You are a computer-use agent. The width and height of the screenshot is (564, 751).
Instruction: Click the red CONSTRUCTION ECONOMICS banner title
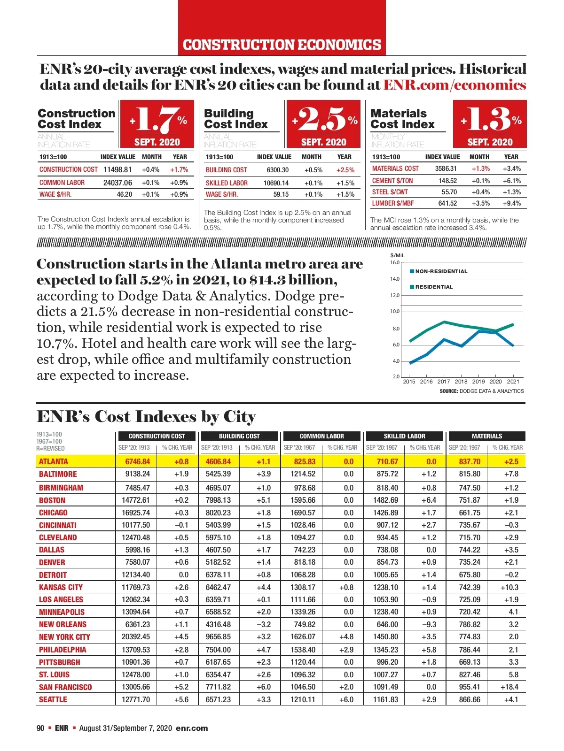pyautogui.click(x=282, y=45)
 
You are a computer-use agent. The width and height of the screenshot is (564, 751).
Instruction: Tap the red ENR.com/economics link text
pyautogui.click(x=454, y=85)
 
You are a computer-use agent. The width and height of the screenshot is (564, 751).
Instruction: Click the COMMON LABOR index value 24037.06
pyautogui.click(x=117, y=183)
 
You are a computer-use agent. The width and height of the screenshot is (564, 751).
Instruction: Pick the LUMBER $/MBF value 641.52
pyautogui.click(x=447, y=203)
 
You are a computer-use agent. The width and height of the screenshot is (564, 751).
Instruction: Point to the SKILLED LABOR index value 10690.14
pyautogui.click(x=276, y=183)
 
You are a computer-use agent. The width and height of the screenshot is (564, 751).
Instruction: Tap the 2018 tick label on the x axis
pyautogui.click(x=461, y=382)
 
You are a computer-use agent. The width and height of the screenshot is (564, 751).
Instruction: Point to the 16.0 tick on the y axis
pyautogui.click(x=395, y=262)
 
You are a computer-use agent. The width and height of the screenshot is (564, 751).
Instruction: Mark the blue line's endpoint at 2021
pyautogui.click(x=513, y=345)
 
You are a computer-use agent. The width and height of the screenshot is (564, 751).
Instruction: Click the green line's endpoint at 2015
pyautogui.click(x=410, y=341)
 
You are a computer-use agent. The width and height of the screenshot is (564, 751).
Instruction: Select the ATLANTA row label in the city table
pyautogui.click(x=54, y=461)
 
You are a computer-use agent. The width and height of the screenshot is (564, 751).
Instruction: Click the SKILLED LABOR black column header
pyautogui.click(x=404, y=436)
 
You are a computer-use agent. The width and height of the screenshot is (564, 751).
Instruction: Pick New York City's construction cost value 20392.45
pyautogui.click(x=136, y=637)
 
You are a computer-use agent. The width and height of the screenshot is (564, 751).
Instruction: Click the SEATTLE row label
pyautogui.click(x=53, y=699)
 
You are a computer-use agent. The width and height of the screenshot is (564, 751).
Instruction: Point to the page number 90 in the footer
pyautogui.click(x=40, y=728)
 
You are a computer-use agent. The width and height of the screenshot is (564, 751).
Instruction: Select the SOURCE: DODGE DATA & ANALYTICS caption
pyautogui.click(x=482, y=391)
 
